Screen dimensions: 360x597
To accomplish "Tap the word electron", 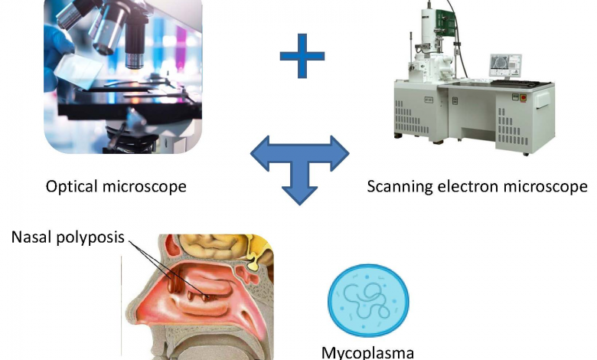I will (469, 186).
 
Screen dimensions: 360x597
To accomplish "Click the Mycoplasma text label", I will (368, 352).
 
